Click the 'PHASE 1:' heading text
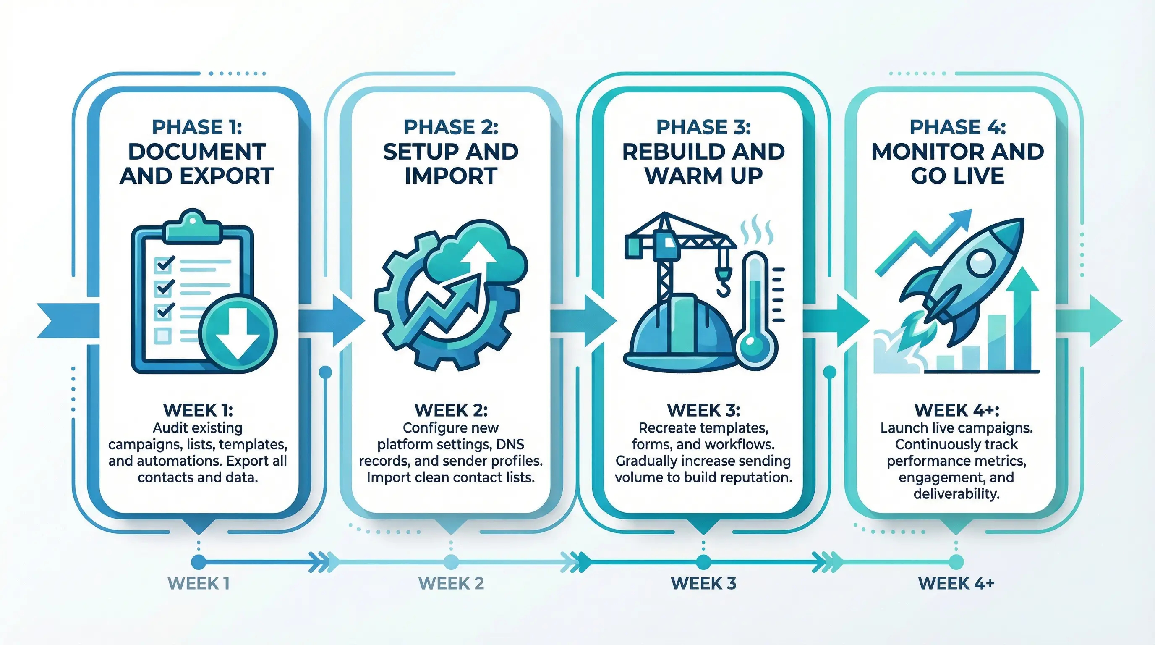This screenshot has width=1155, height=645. click(x=197, y=127)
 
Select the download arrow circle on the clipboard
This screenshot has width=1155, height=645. click(x=238, y=334)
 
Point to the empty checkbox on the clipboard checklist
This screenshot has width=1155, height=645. click(x=162, y=335)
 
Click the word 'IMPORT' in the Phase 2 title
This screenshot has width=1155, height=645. click(x=451, y=176)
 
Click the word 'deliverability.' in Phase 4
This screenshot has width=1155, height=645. click(x=956, y=494)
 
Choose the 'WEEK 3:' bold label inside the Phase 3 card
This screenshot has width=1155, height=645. click(x=703, y=410)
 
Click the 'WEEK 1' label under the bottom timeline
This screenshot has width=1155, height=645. click(x=199, y=584)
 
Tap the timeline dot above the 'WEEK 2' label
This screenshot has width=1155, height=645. click(x=451, y=561)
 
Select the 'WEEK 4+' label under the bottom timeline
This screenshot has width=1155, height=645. click(x=956, y=584)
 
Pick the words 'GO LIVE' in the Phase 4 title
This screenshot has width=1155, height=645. click(x=957, y=176)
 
